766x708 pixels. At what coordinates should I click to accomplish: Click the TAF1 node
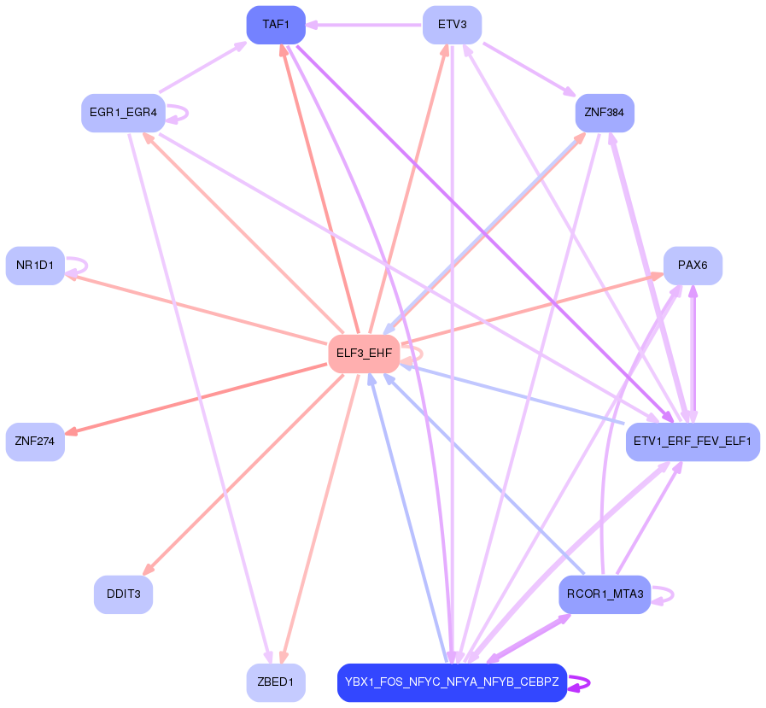[275, 25]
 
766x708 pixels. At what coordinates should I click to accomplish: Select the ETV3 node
[452, 25]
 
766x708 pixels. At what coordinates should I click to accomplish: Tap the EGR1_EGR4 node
[123, 113]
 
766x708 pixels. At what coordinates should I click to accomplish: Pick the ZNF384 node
[605, 113]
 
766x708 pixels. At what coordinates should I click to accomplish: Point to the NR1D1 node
[35, 266]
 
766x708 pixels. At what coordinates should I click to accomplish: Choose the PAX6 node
[693, 266]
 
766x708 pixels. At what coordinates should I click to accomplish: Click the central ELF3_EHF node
[364, 354]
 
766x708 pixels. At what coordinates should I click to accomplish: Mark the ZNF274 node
[35, 442]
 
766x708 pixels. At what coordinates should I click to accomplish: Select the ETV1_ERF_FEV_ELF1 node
[693, 442]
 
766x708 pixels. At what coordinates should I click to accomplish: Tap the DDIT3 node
[123, 594]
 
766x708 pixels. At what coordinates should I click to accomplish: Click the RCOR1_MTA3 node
[605, 594]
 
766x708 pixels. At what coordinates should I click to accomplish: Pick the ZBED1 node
[275, 682]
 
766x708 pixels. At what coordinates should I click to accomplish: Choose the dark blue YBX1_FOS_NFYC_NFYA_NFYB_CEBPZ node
[452, 682]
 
